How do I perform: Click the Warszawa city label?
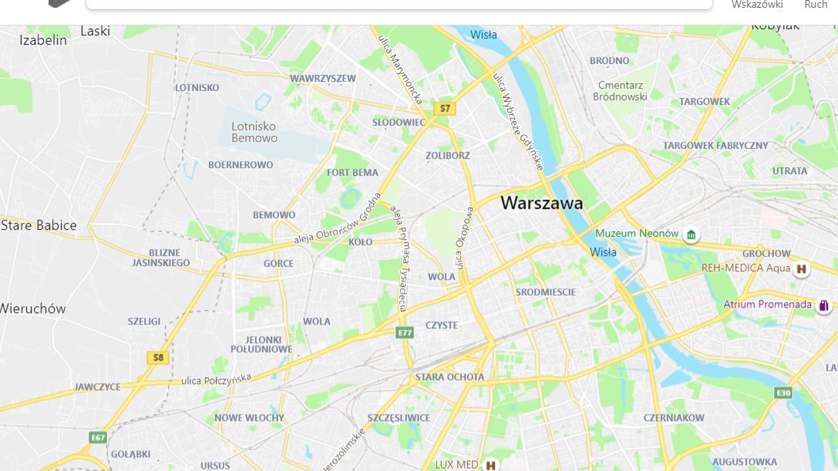point(541,204)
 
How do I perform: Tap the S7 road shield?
point(445,109)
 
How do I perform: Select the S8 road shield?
point(158,358)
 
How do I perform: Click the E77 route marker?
point(405,333)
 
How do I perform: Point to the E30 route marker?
point(783,393)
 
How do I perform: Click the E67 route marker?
point(97,438)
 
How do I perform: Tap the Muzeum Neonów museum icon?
point(692,234)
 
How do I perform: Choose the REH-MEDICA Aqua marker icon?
point(802,269)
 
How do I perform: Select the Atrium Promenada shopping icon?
point(823,305)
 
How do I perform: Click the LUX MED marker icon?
point(490,465)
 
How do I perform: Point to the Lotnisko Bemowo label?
point(254,132)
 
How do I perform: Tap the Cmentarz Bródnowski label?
point(620,91)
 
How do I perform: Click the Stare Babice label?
point(39,225)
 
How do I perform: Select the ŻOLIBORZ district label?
point(447,156)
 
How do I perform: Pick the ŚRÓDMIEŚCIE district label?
point(545,292)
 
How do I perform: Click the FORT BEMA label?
point(352,173)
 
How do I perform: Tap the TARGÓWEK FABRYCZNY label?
point(715,145)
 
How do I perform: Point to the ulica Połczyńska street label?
point(217,379)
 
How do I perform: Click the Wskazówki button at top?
point(756,5)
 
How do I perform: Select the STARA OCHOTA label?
point(449,377)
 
